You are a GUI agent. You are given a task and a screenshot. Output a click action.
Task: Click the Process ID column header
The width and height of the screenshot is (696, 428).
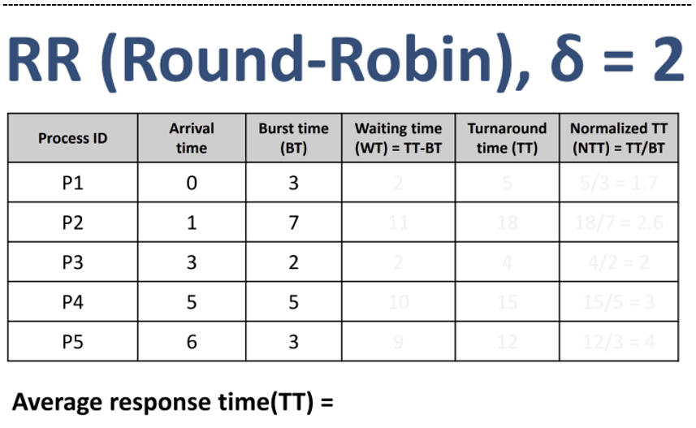[72, 138]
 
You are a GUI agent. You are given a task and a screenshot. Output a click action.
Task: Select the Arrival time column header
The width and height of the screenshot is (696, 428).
[192, 138]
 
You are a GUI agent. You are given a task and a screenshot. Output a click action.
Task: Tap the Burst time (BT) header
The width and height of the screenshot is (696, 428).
[293, 138]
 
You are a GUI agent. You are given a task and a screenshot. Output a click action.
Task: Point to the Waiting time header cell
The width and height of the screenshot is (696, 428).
[398, 138]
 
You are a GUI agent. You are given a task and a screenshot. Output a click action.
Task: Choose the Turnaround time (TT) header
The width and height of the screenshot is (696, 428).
[507, 138]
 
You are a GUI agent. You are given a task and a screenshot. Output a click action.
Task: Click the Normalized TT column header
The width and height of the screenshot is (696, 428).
[619, 138]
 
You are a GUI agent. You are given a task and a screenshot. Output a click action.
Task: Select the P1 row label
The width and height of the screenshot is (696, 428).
[72, 184]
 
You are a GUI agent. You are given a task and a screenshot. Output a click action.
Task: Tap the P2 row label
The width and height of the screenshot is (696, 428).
[72, 223]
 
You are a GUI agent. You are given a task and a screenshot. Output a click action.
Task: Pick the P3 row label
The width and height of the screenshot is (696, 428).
[72, 262]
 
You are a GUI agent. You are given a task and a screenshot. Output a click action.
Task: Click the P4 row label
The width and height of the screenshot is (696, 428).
[72, 302]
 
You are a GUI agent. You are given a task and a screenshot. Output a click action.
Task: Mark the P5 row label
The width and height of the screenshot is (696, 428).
[72, 342]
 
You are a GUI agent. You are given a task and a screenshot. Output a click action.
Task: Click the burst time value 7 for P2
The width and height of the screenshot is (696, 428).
[293, 223]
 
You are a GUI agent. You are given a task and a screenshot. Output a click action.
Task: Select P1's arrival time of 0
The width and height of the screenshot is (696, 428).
[192, 184]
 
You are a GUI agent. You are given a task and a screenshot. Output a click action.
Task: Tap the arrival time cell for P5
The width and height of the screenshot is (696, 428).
[192, 342]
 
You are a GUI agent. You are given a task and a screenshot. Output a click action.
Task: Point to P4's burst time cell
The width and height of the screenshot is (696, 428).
[293, 302]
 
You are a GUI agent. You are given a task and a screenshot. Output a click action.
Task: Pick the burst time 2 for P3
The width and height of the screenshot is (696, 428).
[293, 262]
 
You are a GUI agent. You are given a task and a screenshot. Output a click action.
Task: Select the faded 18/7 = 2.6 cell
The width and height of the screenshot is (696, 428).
[619, 223]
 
